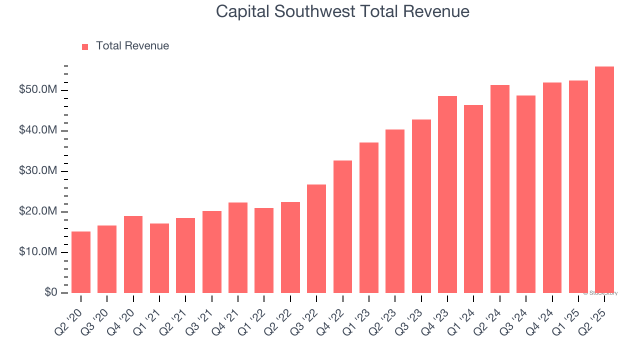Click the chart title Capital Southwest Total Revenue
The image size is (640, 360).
click(342, 11)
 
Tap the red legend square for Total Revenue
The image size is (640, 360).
click(85, 46)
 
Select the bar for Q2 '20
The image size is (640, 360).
click(81, 262)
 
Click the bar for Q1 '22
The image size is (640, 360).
click(264, 250)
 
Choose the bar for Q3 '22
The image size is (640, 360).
click(316, 238)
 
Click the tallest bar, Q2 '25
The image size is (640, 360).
click(604, 179)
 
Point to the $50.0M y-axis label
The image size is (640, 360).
click(38, 90)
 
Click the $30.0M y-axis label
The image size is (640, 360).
click(38, 171)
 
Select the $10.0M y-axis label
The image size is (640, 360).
click(38, 252)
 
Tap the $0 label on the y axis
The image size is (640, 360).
click(50, 292)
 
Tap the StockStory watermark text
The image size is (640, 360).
click(600, 293)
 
